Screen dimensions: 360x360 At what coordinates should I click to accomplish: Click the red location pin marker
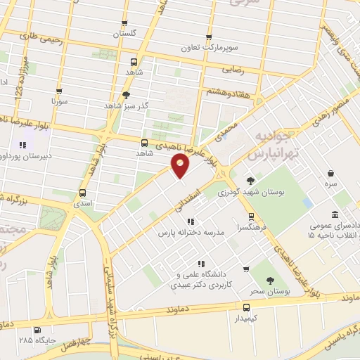[x=181, y=166]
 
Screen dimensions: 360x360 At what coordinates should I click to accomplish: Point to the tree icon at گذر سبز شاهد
[x=127, y=95]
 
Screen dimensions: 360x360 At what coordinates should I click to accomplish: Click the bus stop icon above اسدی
[x=83, y=193]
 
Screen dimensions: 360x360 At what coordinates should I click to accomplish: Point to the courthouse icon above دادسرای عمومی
[x=333, y=214]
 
